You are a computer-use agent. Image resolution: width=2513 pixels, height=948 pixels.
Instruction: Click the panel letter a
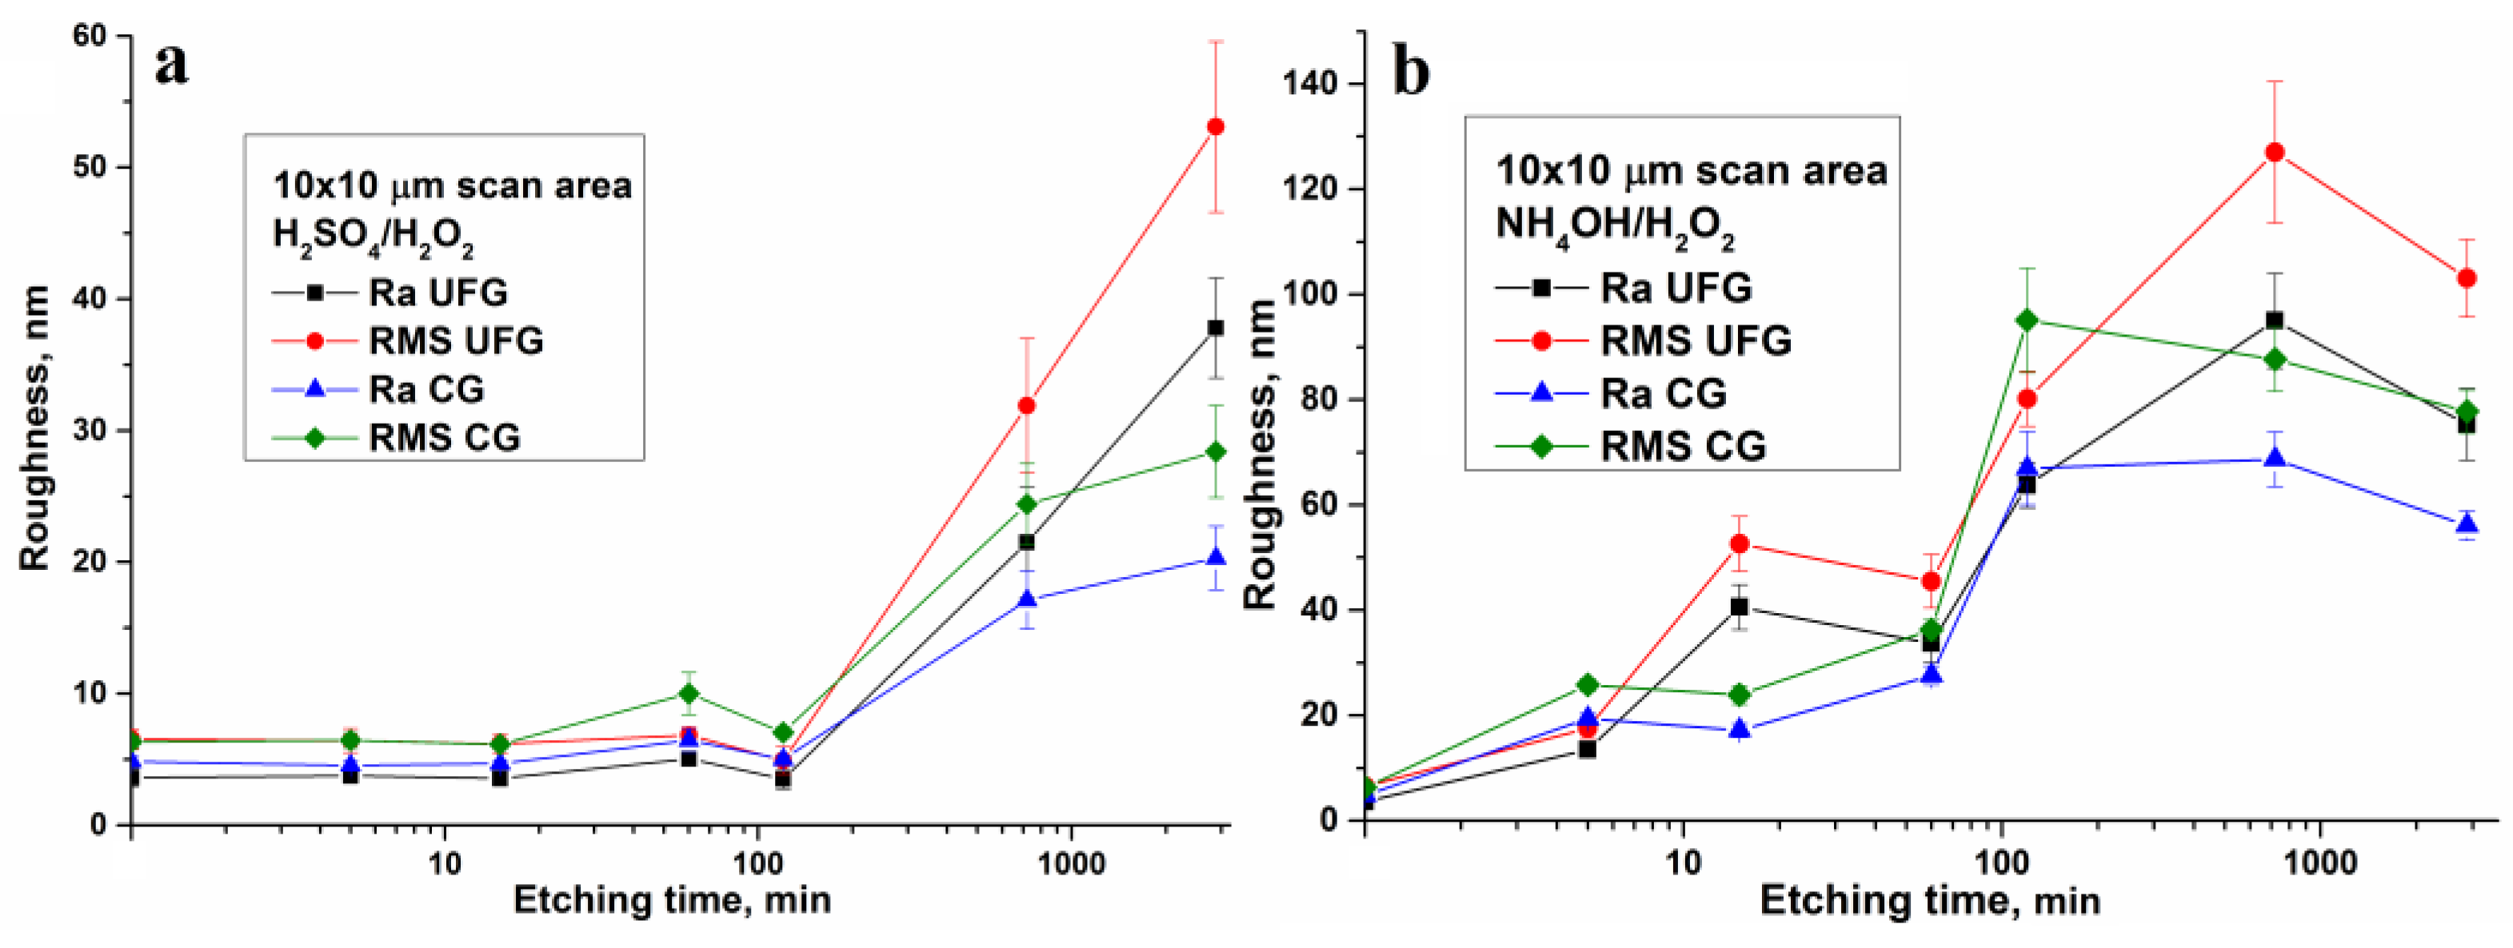[x=172, y=65]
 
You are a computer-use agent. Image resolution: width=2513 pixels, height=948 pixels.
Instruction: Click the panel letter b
[x=1412, y=72]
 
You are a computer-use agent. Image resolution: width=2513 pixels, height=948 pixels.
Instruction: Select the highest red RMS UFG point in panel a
[x=1216, y=127]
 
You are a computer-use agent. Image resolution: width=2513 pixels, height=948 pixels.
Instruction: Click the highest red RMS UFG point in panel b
[x=2274, y=152]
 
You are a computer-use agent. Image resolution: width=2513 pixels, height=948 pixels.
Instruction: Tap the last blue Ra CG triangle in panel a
[x=1216, y=558]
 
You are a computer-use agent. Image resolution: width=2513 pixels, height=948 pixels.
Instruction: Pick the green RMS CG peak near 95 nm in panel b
[x=2028, y=321]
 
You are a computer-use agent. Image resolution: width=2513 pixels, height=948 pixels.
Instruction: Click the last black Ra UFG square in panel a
[x=1216, y=328]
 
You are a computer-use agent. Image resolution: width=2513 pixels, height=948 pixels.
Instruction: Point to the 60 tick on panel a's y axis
[x=90, y=36]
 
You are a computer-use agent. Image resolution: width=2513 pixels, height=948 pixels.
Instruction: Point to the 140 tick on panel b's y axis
[x=1314, y=85]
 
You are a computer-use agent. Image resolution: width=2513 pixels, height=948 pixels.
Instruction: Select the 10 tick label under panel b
[x=1682, y=862]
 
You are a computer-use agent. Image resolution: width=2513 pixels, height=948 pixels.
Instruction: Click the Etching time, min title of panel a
[x=672, y=900]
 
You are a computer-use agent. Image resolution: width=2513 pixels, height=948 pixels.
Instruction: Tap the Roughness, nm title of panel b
[x=1260, y=453]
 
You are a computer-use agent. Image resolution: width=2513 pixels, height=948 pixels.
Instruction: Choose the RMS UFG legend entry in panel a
[x=456, y=341]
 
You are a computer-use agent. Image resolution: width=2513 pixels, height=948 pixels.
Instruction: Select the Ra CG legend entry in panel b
[x=1664, y=393]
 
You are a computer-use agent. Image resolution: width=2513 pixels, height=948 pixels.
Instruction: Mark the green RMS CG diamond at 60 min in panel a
[x=689, y=694]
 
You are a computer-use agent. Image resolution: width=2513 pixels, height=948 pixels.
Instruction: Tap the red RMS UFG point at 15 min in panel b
[x=1739, y=544]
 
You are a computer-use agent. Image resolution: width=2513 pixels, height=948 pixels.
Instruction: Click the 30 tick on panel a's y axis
[x=90, y=430]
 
